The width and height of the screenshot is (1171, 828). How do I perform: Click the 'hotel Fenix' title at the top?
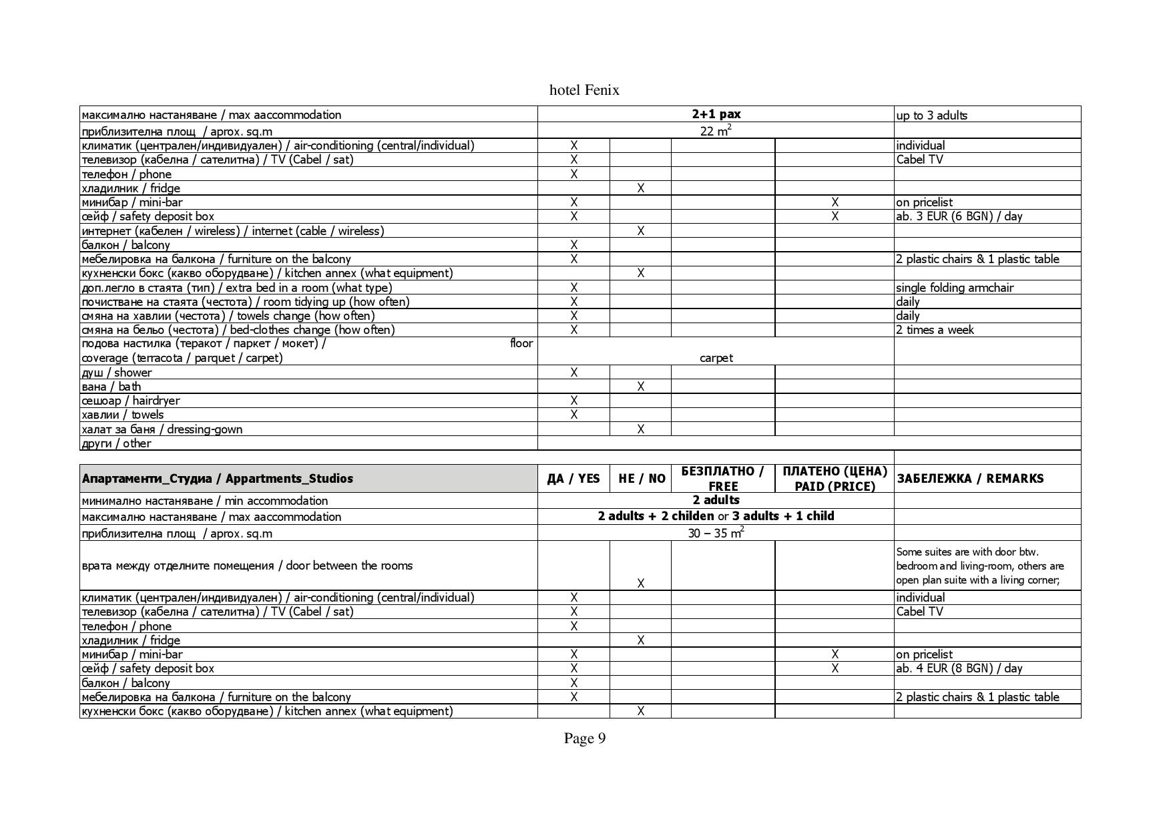pyautogui.click(x=584, y=90)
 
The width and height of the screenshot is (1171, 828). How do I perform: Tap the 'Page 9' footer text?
pyautogui.click(x=584, y=738)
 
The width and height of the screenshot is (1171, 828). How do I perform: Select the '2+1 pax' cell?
pyautogui.click(x=716, y=114)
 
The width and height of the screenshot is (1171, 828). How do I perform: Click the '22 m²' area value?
pyautogui.click(x=716, y=131)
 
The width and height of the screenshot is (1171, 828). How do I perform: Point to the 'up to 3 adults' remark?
pyautogui.click(x=931, y=116)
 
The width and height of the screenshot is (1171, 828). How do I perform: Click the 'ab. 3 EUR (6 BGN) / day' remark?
pyautogui.click(x=959, y=216)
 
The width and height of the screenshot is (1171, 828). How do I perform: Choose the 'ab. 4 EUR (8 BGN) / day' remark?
pyautogui.click(x=959, y=668)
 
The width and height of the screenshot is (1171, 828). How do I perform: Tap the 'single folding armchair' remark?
pyautogui.click(x=955, y=288)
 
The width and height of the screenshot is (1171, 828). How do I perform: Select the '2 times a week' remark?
pyautogui.click(x=935, y=330)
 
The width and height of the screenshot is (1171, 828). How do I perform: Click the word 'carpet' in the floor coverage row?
pyautogui.click(x=716, y=358)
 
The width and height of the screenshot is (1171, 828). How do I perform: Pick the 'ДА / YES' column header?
pyautogui.click(x=573, y=479)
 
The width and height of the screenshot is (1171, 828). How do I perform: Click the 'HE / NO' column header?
pyautogui.click(x=642, y=479)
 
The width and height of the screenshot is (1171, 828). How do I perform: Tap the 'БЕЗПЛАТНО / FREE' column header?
pyautogui.click(x=722, y=479)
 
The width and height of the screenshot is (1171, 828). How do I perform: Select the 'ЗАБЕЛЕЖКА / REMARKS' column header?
pyautogui.click(x=969, y=479)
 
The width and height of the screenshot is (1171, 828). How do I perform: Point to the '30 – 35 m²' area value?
pyautogui.click(x=716, y=533)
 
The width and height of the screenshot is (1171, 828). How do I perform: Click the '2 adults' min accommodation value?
pyautogui.click(x=716, y=500)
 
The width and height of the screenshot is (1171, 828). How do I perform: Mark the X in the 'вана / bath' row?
pyautogui.click(x=640, y=387)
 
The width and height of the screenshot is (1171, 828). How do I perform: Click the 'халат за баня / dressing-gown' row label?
pyautogui.click(x=162, y=429)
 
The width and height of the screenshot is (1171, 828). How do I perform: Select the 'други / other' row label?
pyautogui.click(x=116, y=443)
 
